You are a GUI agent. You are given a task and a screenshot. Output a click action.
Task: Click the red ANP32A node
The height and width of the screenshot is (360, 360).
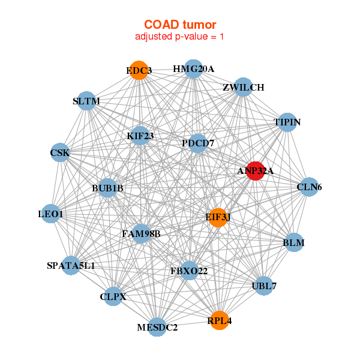point(256,171)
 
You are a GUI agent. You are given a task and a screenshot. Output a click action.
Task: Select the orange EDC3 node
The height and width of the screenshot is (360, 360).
point(139,70)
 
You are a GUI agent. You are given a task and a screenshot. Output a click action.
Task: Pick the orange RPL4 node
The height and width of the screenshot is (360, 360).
point(219,320)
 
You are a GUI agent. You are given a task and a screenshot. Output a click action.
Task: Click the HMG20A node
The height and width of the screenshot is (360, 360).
point(193,69)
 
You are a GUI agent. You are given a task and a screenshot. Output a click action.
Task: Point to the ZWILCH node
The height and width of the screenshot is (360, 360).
point(242,87)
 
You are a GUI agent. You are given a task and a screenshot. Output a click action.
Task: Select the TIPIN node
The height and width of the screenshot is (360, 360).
point(287,122)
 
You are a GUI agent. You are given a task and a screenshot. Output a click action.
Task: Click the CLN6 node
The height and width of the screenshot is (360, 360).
point(309,187)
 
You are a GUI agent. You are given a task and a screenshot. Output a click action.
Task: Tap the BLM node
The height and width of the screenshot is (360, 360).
point(293,242)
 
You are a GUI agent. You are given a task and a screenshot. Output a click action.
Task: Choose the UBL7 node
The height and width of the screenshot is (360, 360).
point(265,286)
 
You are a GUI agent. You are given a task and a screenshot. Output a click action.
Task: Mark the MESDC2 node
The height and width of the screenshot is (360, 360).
point(157,327)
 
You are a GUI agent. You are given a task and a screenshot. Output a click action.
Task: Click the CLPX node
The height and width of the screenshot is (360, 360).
point(113,296)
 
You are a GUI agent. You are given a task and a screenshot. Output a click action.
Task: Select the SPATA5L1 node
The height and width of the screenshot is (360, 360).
point(71,265)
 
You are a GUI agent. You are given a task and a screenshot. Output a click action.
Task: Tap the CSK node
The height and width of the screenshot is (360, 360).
point(60,153)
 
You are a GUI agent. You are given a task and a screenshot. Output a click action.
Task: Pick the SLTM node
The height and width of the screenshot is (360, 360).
point(86,101)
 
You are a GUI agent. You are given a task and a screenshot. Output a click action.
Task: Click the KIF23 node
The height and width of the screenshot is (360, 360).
point(140,136)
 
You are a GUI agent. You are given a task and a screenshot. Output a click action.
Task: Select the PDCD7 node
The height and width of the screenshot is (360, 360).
point(197,143)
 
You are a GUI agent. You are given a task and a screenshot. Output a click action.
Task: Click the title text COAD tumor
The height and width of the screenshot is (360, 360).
point(180,25)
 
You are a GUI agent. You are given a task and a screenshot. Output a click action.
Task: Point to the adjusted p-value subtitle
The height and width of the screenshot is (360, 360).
point(180,37)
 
